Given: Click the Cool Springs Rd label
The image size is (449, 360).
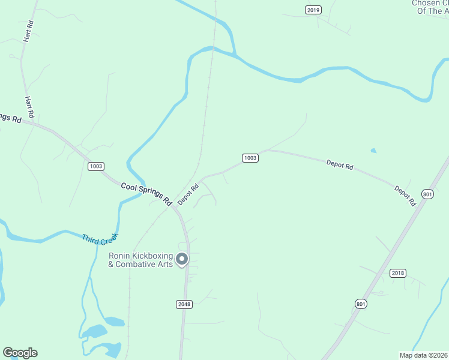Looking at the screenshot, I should (146, 193).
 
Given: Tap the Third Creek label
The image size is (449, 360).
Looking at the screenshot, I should (100, 238).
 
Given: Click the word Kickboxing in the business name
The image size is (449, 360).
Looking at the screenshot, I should (152, 256).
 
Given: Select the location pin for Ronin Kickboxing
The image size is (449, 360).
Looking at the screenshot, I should (182, 259).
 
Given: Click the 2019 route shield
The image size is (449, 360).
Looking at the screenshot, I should (313, 10).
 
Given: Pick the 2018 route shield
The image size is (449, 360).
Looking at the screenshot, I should (398, 273).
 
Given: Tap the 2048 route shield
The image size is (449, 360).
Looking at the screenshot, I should (184, 304).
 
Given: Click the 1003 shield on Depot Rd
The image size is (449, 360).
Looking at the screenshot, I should (250, 158).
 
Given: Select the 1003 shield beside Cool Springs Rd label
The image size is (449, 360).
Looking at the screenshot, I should (96, 166).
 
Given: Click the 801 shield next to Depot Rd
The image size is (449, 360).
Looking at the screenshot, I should (427, 194).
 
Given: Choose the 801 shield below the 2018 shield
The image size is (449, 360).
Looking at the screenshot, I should (360, 304).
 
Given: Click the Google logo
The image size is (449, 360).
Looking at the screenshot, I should (20, 353).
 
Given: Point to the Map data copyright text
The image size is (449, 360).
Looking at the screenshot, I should (423, 354).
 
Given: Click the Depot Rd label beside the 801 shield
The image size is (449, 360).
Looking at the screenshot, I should (405, 196).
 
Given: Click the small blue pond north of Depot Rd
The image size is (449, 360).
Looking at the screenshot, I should (374, 151).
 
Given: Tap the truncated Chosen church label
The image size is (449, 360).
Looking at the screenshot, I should (430, 7).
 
